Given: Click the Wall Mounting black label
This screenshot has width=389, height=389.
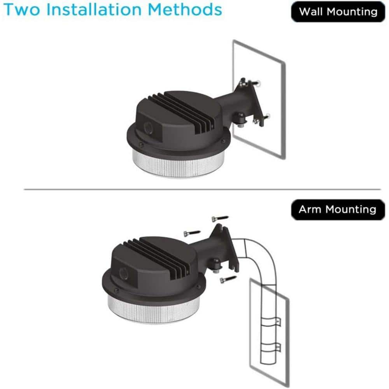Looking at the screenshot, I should coord(338,11).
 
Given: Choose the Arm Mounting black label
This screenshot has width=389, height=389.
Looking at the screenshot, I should coord(337,209).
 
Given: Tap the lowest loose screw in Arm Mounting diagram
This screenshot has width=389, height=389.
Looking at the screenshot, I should coord(228,279).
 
